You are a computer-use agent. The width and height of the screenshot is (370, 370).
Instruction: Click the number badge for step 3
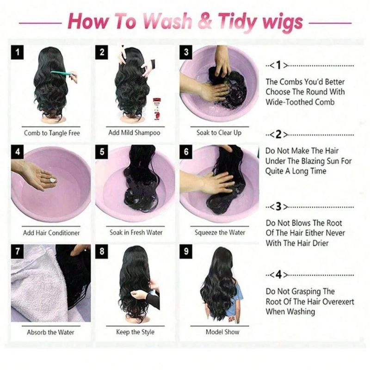(x=186, y=52)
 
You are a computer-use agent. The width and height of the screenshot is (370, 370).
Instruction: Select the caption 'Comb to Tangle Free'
(x=52, y=133)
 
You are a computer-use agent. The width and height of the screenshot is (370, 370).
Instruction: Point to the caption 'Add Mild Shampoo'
(x=134, y=133)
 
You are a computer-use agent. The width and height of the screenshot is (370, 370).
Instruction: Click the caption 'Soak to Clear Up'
(x=219, y=133)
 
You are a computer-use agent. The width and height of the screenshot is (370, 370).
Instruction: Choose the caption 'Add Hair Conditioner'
(x=51, y=233)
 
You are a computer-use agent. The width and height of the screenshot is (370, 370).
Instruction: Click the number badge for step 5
(x=102, y=152)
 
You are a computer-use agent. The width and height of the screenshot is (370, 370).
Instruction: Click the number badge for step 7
(x=18, y=252)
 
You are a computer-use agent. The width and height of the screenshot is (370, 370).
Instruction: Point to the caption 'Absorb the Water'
(x=50, y=332)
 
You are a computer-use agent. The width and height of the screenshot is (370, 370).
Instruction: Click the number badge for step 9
(x=186, y=252)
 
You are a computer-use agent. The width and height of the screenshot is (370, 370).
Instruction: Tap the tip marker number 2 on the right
(x=278, y=135)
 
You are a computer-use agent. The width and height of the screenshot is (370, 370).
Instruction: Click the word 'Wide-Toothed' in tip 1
(x=290, y=102)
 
